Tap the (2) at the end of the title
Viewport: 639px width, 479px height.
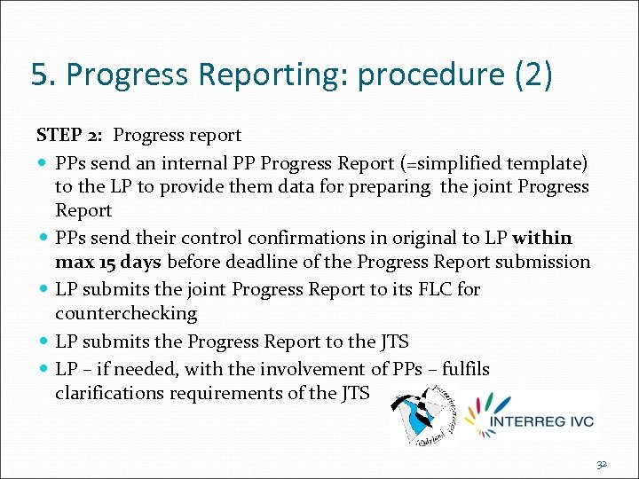click(533, 75)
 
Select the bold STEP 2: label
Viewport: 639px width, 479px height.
click(71, 136)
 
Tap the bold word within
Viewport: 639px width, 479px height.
click(542, 238)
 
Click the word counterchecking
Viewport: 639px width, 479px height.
click(125, 314)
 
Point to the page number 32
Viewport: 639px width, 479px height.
click(602, 464)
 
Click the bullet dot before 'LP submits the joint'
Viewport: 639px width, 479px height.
click(43, 289)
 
